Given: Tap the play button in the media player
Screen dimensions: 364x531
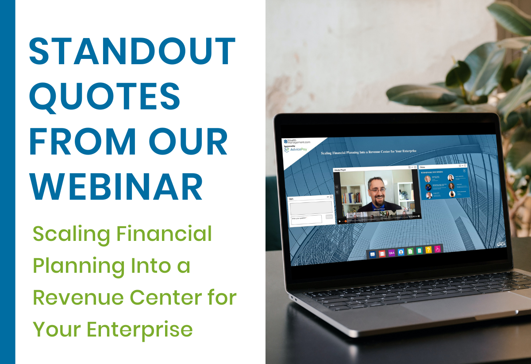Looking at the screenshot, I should (x=340, y=220).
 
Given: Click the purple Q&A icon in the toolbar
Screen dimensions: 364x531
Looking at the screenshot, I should (x=392, y=253).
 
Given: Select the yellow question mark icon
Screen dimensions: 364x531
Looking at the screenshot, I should (x=428, y=250).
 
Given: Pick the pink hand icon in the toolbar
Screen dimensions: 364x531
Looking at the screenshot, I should (x=437, y=249).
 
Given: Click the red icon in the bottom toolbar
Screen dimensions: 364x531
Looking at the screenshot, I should (x=382, y=253).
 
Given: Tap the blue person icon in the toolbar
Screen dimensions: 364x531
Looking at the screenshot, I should (x=401, y=252).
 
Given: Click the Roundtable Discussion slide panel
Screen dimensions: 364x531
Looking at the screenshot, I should (x=444, y=183).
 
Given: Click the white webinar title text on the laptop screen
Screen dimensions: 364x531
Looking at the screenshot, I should (x=369, y=153).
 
